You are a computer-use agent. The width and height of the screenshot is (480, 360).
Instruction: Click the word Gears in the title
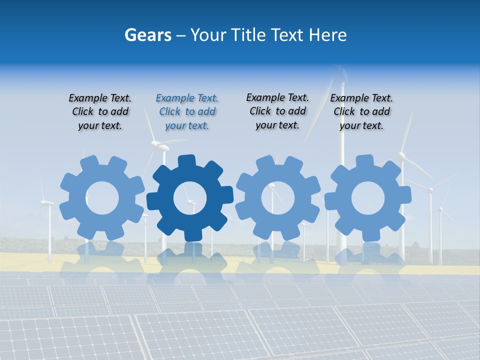147,35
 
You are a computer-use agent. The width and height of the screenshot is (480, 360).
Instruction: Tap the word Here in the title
327,35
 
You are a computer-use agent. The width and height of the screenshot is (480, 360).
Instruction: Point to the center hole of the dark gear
190,198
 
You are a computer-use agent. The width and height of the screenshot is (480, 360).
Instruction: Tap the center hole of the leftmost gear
102,198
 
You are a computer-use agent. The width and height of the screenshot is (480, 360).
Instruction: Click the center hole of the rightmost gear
368,198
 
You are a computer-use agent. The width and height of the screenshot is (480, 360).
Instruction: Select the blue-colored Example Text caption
187,112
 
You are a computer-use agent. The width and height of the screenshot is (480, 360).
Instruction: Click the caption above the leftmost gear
100,112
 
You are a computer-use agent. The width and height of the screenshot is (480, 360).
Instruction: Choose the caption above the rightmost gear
361,112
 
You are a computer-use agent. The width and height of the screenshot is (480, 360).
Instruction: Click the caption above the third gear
277,111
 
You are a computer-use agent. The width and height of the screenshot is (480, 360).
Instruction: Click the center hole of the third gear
278,198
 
